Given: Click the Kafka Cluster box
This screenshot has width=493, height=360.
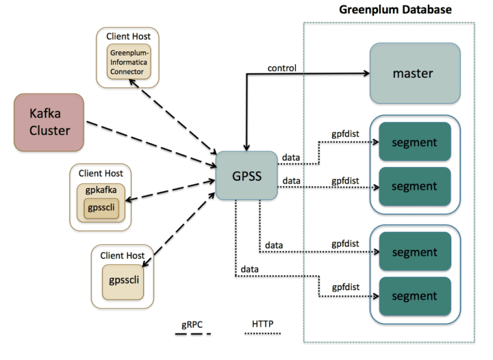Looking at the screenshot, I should pyautogui.click(x=49, y=122).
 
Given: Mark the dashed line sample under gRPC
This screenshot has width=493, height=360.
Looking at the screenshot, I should pyautogui.click(x=192, y=333).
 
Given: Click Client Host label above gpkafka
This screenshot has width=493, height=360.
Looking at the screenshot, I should pyautogui.click(x=101, y=173).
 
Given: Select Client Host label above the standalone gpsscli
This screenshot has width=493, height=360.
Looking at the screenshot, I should pyautogui.click(x=122, y=256).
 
